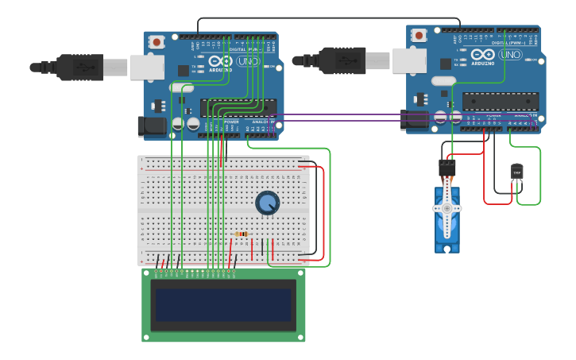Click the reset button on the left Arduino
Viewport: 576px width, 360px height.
coord(157,41)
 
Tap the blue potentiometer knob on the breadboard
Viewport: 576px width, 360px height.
coord(267,203)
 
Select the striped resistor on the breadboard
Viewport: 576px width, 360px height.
coord(242,234)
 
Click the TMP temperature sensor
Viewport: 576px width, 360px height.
coord(517,172)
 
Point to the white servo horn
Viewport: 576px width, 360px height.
coord(446,208)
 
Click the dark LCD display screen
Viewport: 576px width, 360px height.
coord(223,304)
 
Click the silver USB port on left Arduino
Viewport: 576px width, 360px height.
coord(147,67)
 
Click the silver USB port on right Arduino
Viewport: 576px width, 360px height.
coord(409,60)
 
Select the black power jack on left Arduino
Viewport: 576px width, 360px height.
coord(152,126)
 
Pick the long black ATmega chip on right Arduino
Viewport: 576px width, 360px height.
coord(501,101)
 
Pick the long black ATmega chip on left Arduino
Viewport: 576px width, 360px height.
coord(238,107)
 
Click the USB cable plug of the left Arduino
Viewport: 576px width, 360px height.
coord(79,68)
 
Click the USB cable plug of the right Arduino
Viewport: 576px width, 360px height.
coord(342,60)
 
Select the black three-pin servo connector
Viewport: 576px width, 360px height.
coord(447,167)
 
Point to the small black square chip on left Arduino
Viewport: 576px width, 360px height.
coord(184,70)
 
